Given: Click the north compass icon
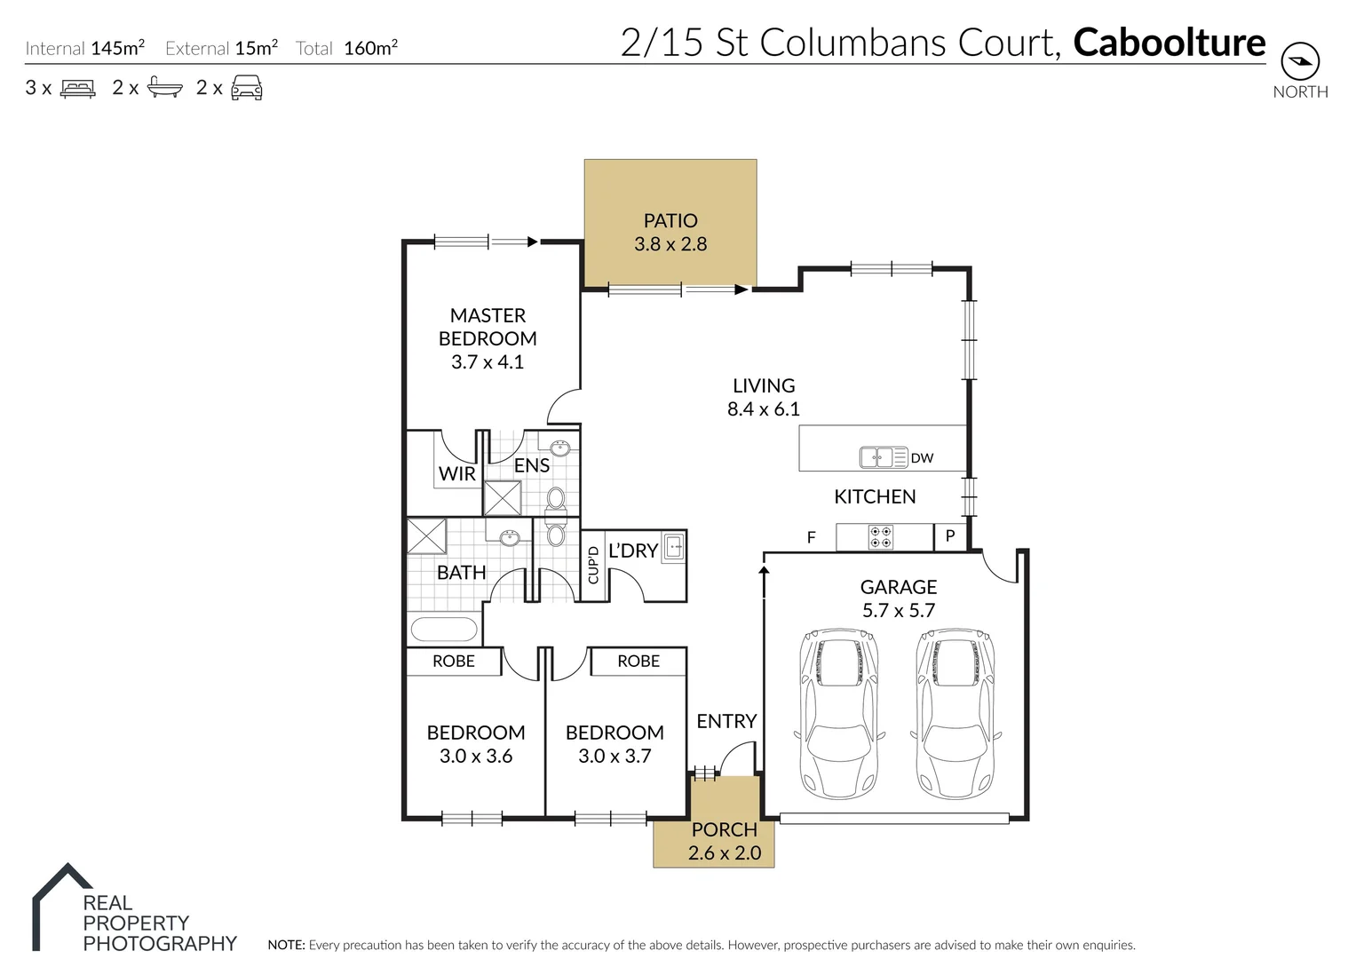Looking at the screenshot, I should (1300, 61).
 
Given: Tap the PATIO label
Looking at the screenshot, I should (670, 220).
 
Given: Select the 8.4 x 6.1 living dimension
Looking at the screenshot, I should (763, 409).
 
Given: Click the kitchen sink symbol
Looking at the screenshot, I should (883, 457).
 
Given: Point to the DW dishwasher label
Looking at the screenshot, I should (922, 458).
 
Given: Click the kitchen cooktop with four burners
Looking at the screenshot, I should (880, 536).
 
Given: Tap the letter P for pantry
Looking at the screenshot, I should (949, 536).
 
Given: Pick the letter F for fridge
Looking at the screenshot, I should (811, 537).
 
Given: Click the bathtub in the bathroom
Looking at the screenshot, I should (444, 630).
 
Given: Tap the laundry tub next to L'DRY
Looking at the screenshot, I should (674, 547).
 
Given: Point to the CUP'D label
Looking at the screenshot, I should (593, 566).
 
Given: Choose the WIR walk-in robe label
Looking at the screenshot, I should (457, 474).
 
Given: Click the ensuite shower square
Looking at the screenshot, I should (503, 498).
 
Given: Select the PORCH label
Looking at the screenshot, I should (724, 830).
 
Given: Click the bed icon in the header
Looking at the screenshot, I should (77, 88).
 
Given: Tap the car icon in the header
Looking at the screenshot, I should (246, 88).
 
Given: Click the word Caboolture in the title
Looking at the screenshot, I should (1169, 43).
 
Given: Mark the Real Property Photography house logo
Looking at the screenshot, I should (61, 901).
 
